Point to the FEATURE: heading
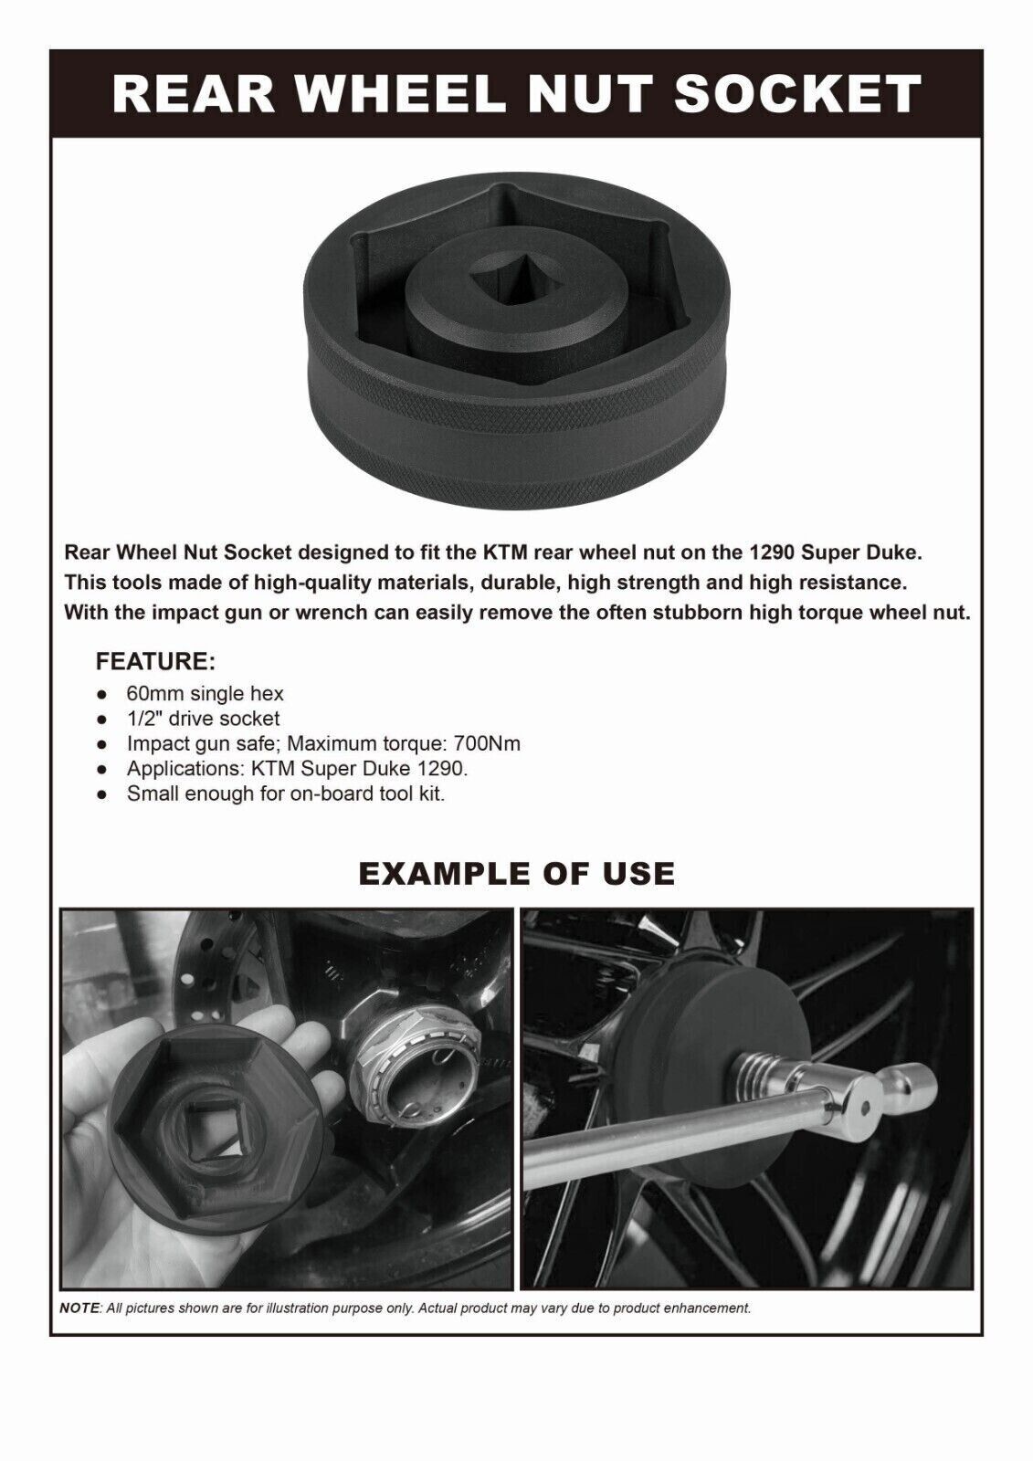point(155,660)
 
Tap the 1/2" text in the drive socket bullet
point(145,719)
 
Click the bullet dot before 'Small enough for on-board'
point(103,794)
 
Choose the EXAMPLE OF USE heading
point(516,873)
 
